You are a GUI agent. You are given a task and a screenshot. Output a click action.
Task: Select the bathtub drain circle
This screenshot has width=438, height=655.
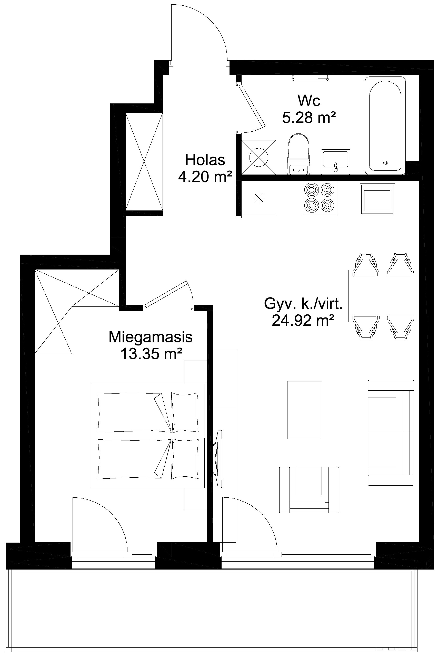pyautogui.click(x=385, y=162)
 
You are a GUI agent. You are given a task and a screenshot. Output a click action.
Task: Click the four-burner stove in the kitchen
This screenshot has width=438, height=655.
pyautogui.click(x=319, y=198)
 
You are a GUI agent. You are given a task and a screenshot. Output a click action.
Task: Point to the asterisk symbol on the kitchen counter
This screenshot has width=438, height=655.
pyautogui.click(x=259, y=198)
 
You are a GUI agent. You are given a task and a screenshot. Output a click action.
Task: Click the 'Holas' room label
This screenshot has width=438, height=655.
pyautogui.click(x=205, y=160)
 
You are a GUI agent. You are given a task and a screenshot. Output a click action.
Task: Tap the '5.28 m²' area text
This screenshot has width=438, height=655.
pyautogui.click(x=309, y=117)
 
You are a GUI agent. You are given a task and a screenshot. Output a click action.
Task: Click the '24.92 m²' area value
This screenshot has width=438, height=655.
pyautogui.click(x=303, y=320)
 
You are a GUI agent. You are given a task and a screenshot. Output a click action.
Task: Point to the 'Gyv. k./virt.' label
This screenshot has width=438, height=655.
pyautogui.click(x=303, y=304)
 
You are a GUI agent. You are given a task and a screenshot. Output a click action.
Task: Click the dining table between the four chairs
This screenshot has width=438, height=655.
pyautogui.click(x=383, y=296)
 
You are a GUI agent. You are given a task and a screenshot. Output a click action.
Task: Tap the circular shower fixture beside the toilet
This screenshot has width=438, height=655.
pyautogui.click(x=259, y=157)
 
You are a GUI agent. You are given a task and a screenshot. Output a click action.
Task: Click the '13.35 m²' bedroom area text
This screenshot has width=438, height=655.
pyautogui.click(x=151, y=354)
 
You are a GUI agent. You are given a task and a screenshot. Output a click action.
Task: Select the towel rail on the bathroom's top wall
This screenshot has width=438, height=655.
pyautogui.click(x=310, y=78)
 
